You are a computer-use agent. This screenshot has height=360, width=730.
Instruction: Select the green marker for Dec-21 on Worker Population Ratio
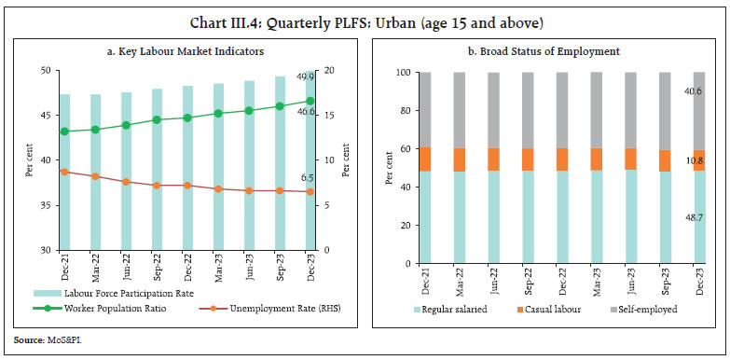(63, 132)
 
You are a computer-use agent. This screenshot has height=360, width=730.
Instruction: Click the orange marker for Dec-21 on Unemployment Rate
(63, 172)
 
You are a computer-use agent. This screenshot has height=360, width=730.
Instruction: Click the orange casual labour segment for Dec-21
(424, 159)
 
